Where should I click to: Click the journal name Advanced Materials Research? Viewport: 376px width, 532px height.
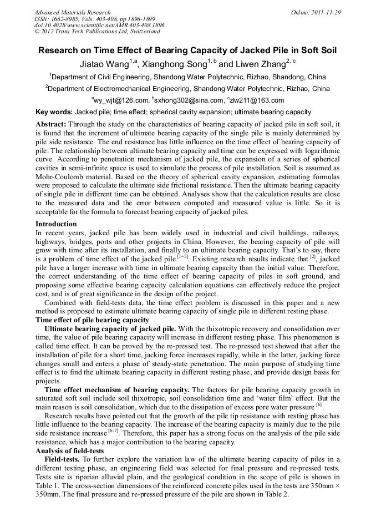pos(72,12)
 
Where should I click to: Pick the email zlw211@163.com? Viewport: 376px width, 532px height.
pos(257,100)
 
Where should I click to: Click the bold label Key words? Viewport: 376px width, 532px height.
pos(54,112)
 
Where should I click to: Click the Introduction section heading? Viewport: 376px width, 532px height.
pos(56,224)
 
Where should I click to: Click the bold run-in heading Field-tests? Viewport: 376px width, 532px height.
pos(63,459)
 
